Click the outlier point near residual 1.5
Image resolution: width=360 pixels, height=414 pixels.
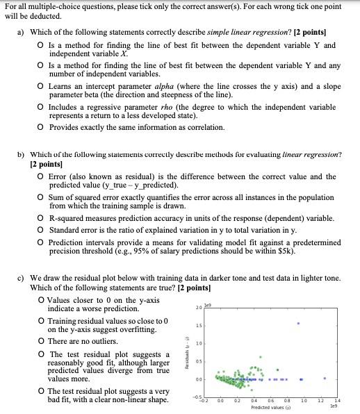(x=298, y=323)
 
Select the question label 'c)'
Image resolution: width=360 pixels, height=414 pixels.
(x=24, y=277)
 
